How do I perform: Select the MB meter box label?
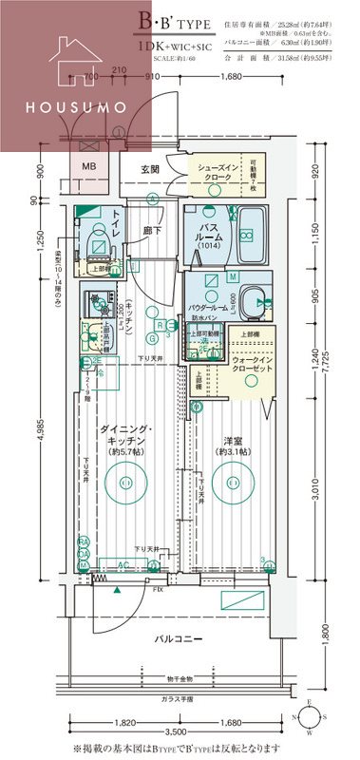(88, 167)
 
